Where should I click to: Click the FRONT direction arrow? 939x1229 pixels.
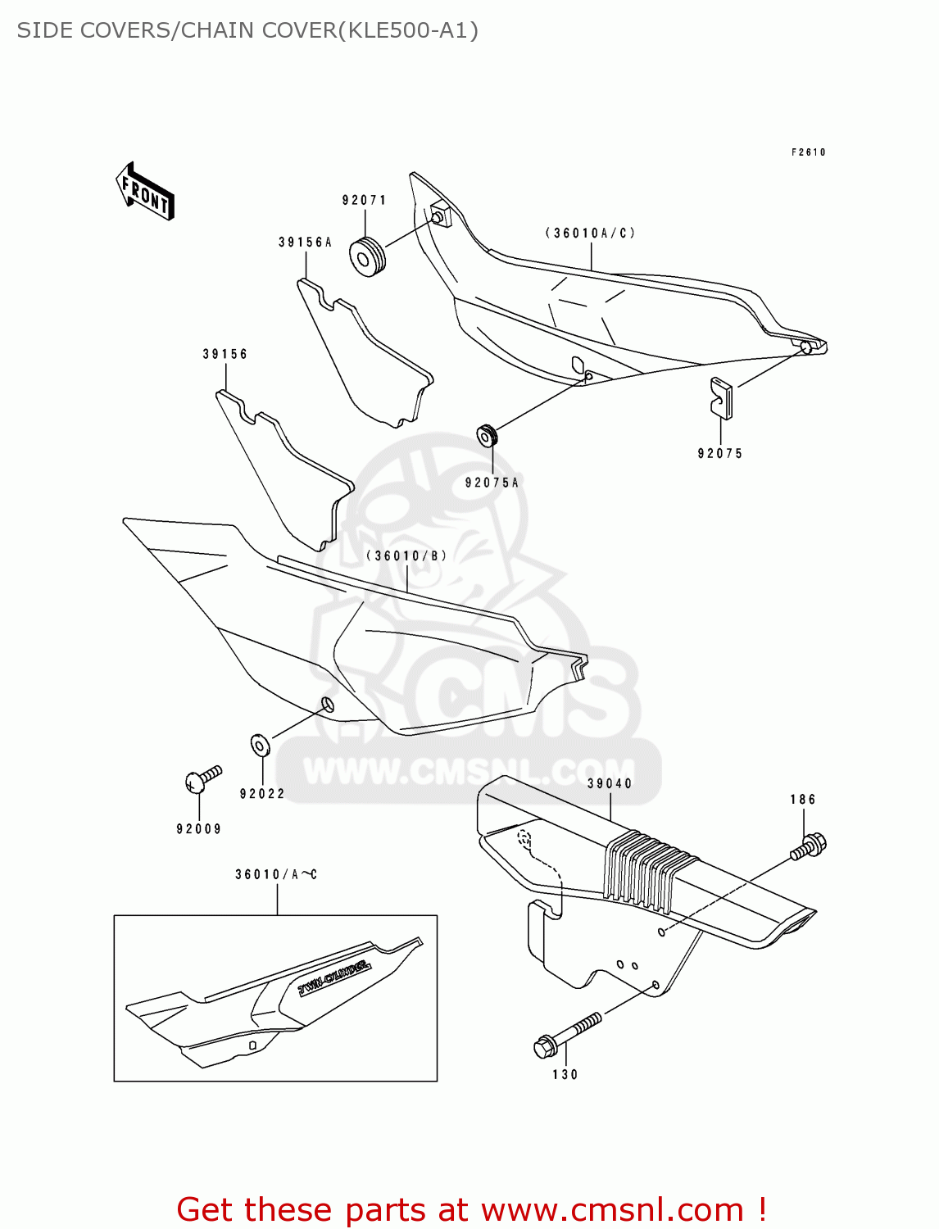pyautogui.click(x=145, y=191)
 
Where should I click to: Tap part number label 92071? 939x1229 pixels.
pyautogui.click(x=364, y=200)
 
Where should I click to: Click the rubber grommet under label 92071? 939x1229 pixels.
pyautogui.click(x=367, y=255)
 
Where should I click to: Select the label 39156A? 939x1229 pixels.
pyautogui.click(x=305, y=243)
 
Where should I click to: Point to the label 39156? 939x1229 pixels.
pyautogui.click(x=225, y=354)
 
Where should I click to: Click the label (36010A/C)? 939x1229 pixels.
pyautogui.click(x=590, y=233)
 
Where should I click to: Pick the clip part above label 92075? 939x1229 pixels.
pyautogui.click(x=721, y=397)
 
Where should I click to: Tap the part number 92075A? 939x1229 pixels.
pyautogui.click(x=492, y=483)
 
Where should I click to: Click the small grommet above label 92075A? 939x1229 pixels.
pyautogui.click(x=488, y=435)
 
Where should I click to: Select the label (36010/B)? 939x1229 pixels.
pyautogui.click(x=407, y=556)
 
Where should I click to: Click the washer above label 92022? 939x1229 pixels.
pyautogui.click(x=260, y=745)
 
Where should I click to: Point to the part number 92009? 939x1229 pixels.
pyautogui.click(x=199, y=829)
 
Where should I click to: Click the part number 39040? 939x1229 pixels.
pyautogui.click(x=610, y=784)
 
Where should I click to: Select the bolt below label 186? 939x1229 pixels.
pyautogui.click(x=809, y=846)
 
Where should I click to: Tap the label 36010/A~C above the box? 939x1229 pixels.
pyautogui.click(x=276, y=874)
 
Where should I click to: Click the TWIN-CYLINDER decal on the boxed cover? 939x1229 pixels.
pyautogui.click(x=334, y=977)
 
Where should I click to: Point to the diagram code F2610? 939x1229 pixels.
pyautogui.click(x=808, y=152)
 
